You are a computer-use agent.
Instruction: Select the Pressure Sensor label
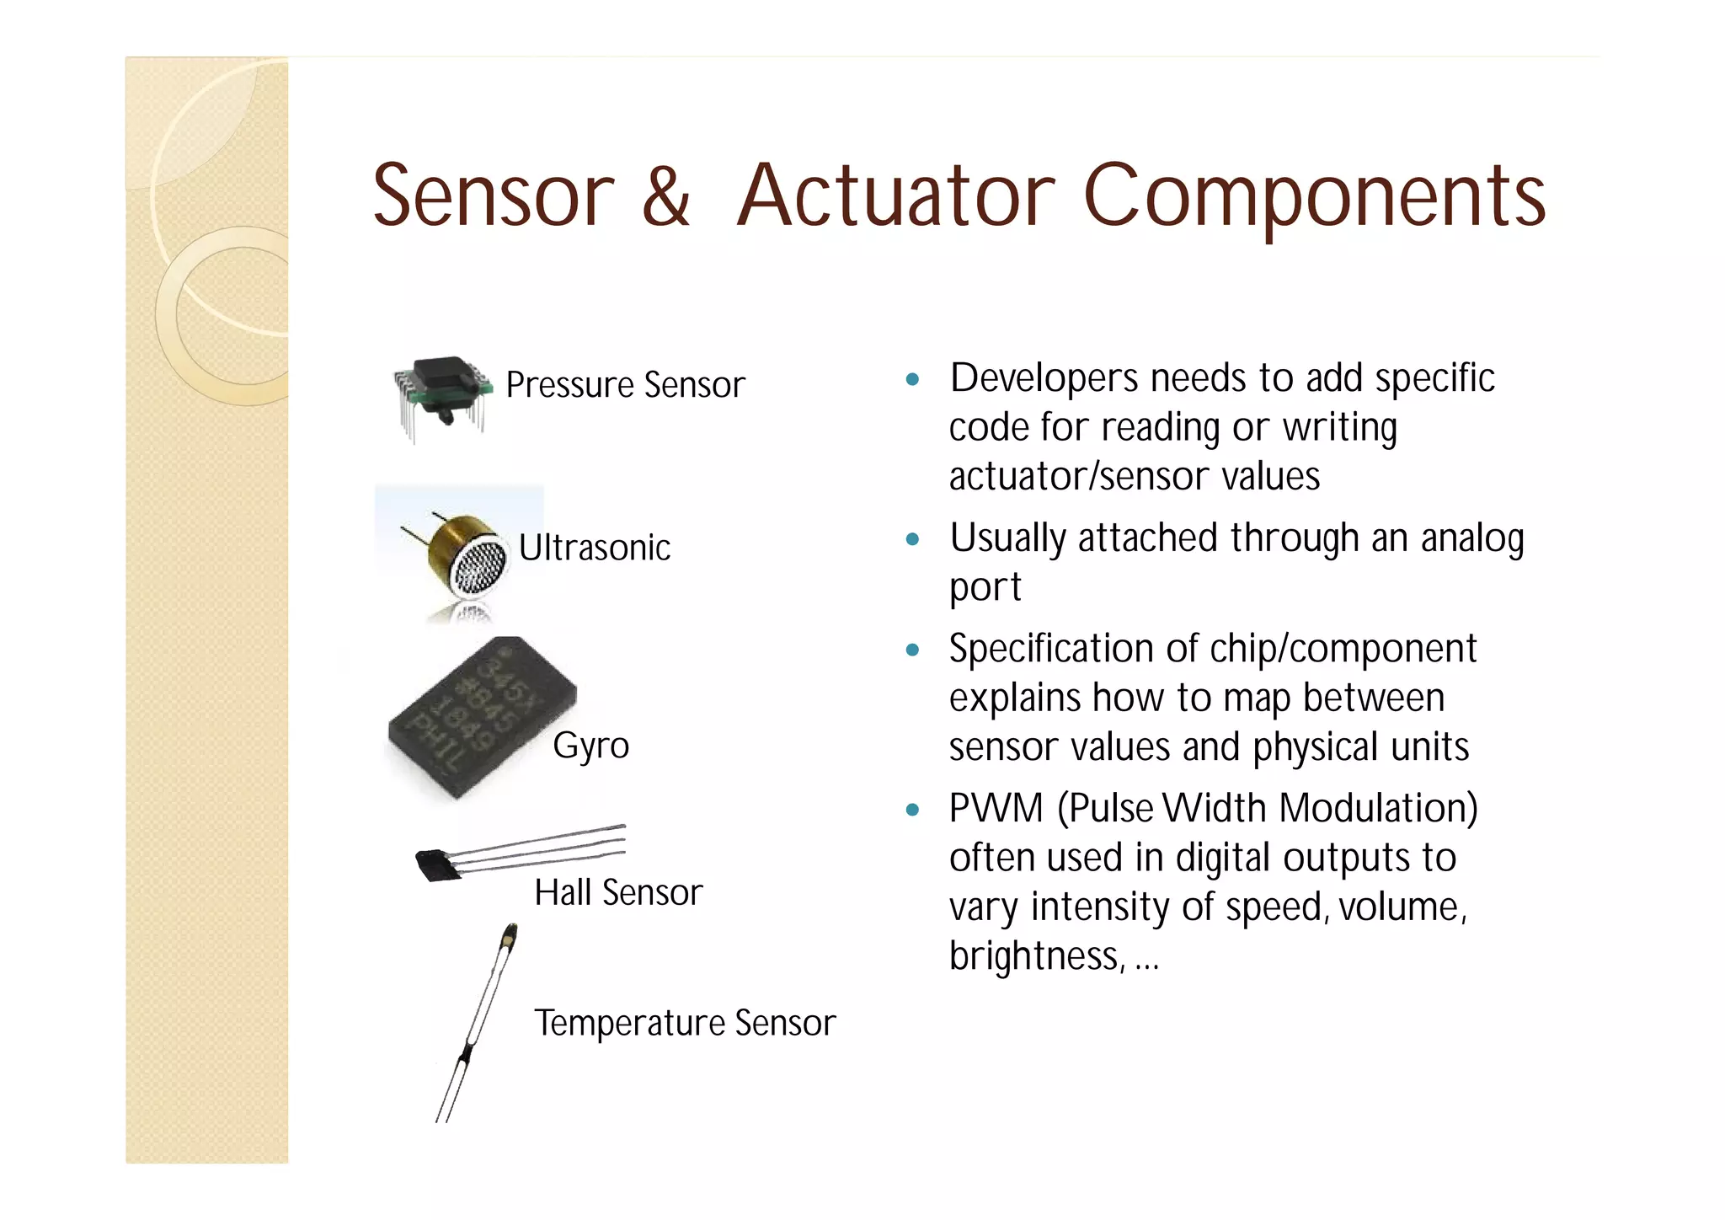625,385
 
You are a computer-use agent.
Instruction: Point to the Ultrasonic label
595,548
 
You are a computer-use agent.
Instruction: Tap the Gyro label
590,745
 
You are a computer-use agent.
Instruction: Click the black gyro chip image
481,718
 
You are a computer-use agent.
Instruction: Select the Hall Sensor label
618,892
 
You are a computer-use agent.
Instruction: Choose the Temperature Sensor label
685,1023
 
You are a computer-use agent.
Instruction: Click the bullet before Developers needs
911,379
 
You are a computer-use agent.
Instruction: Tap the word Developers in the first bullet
1044,378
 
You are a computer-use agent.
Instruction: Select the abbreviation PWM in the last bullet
996,808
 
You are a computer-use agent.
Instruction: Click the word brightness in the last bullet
1034,955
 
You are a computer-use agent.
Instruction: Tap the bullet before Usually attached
911,539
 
